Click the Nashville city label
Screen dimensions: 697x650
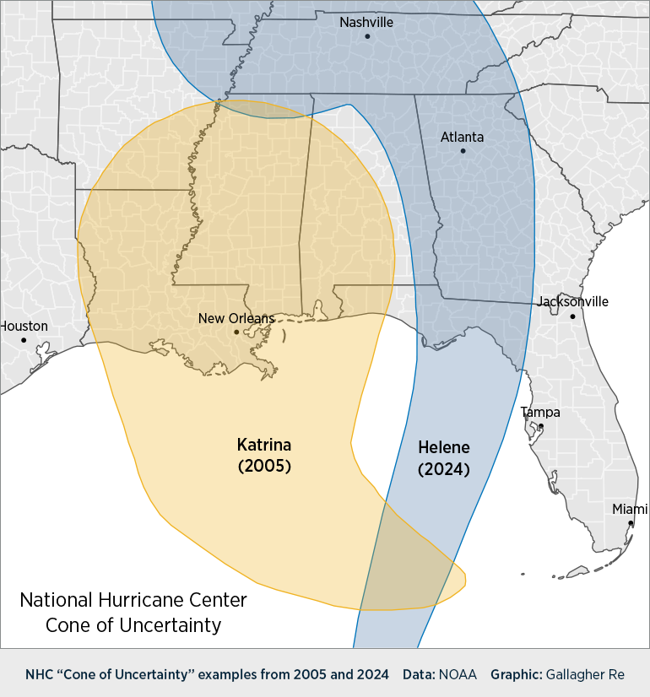pos(366,23)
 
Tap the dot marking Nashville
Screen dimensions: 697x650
pos(367,36)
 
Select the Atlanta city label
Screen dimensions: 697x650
pos(462,137)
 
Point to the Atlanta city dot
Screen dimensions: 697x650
pos(463,151)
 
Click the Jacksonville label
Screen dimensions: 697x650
pos(572,302)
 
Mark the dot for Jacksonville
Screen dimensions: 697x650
pos(572,316)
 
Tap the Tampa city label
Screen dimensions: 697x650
pos(540,413)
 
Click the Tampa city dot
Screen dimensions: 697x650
pos(541,426)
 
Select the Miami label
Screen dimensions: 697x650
pos(630,510)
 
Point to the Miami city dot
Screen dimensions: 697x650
pos(631,523)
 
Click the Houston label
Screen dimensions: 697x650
pos(24,327)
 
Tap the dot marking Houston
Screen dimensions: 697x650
pos(24,340)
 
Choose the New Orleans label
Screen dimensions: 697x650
pos(236,318)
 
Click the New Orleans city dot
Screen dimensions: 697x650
pos(236,332)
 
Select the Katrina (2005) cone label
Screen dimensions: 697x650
pos(264,455)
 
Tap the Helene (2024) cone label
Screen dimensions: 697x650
pos(444,458)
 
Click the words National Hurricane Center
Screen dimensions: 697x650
pos(133,600)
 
